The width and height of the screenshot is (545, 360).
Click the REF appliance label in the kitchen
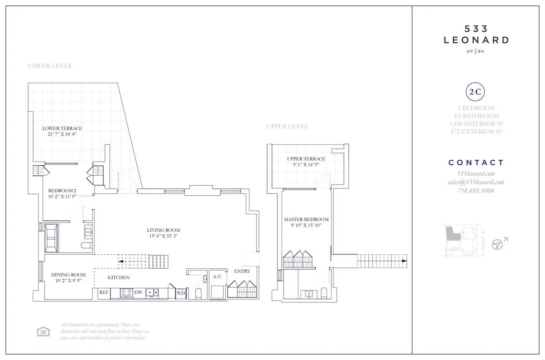104,293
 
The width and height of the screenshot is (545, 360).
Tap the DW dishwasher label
138,293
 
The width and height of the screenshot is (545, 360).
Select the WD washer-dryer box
181,293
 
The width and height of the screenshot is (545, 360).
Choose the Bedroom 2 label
62,191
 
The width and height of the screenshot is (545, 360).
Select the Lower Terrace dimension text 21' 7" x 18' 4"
62,135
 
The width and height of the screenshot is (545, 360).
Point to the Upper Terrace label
306,159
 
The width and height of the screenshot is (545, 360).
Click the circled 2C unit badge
476,92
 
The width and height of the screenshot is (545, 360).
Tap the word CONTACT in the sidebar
476,163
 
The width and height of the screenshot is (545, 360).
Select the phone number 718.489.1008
476,191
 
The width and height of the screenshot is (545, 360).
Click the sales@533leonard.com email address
476,182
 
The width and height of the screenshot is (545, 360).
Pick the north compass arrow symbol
498,245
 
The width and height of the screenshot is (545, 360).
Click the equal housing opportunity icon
43,332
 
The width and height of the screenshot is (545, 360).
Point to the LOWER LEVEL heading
50,66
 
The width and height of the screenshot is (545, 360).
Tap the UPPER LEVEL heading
287,126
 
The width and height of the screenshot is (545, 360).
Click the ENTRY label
242,271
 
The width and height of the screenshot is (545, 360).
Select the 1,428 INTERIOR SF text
476,124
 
